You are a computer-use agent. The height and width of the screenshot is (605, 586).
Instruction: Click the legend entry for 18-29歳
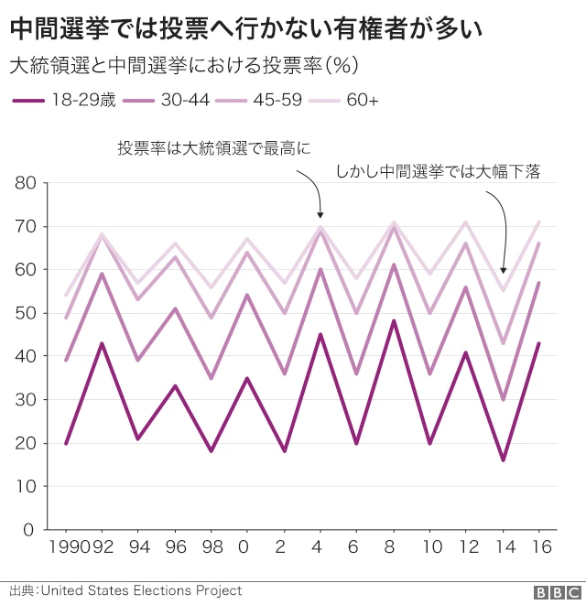coord(65,100)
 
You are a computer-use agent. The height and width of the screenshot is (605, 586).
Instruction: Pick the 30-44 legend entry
coord(168,100)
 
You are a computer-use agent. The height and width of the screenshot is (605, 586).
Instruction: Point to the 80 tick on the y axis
coord(26,183)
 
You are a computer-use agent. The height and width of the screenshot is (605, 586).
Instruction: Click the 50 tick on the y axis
coord(26,313)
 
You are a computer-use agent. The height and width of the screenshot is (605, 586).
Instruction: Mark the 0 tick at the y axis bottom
coord(29,530)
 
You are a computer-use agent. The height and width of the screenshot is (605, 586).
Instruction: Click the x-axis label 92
coord(102,547)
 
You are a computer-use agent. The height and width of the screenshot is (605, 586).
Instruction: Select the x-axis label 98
coord(211,547)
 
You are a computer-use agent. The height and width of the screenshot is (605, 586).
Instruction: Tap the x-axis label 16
coord(539,547)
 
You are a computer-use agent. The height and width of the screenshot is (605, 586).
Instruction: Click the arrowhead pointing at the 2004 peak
coord(320,216)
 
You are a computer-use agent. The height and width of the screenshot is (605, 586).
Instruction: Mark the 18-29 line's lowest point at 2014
coord(503,459)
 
